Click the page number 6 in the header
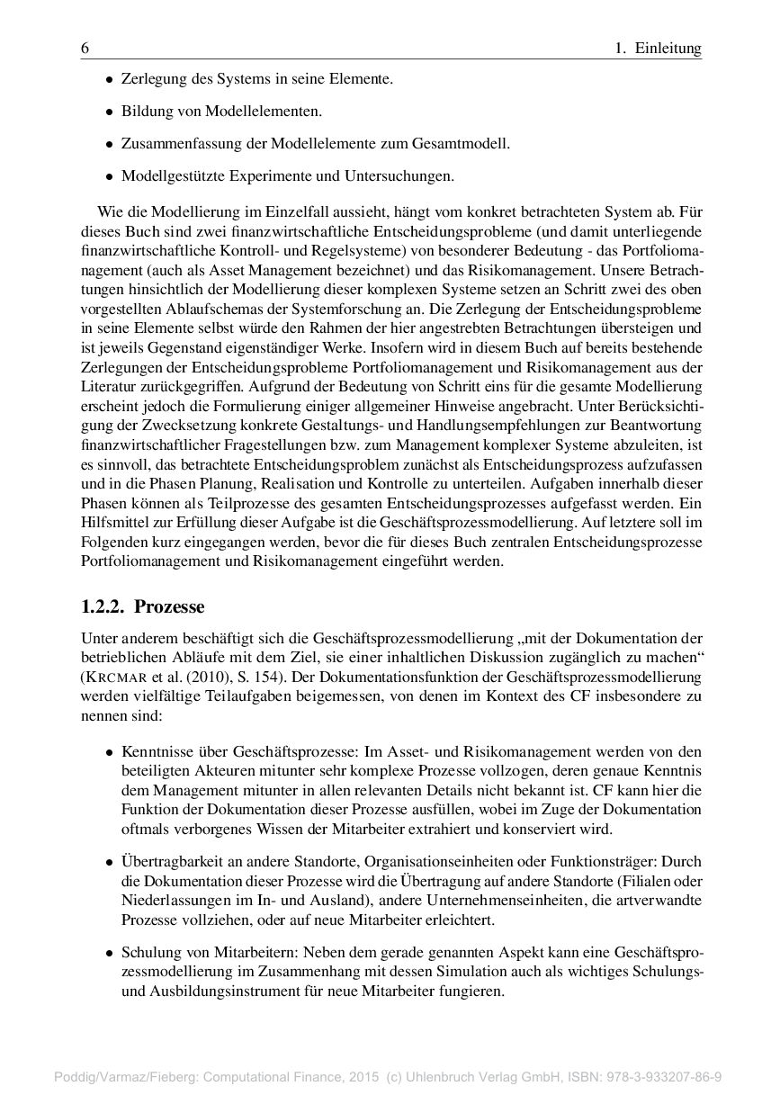[x=85, y=49]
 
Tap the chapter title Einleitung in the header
[x=668, y=49]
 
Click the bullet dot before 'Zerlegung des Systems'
[x=110, y=80]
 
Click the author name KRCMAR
[x=112, y=676]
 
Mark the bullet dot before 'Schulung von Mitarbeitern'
[x=110, y=952]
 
